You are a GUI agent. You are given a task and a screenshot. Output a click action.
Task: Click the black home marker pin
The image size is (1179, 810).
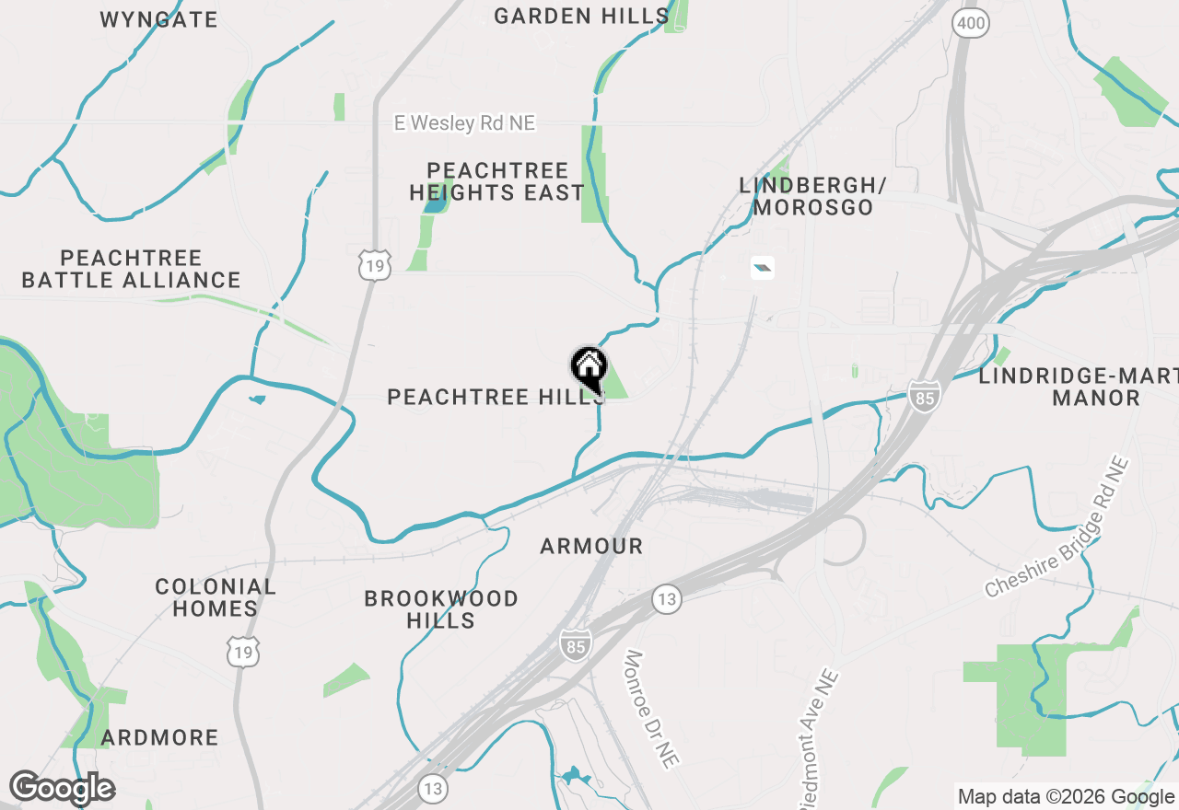click(589, 368)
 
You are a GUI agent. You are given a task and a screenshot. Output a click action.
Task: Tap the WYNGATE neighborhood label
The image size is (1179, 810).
click(158, 19)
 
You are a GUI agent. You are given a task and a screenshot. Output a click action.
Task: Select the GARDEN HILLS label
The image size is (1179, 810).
click(581, 16)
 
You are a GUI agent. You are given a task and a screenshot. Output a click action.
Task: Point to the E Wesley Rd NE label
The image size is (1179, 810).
click(464, 122)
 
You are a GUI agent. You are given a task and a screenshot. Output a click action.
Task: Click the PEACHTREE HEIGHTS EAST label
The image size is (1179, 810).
click(497, 181)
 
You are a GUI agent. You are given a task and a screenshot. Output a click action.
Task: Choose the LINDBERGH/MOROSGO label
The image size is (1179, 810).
click(812, 196)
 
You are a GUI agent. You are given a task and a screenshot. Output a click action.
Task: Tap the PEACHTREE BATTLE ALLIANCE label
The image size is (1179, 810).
click(131, 269)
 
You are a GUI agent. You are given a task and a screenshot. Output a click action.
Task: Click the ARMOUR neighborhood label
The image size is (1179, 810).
click(591, 546)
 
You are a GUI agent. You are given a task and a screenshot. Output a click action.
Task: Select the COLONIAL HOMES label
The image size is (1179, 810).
click(216, 597)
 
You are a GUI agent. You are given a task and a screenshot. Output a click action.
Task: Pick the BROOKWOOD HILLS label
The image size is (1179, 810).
click(441, 609)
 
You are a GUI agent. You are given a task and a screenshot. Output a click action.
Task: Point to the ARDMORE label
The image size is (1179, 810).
click(160, 737)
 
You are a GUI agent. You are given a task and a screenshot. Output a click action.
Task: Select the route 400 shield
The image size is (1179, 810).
click(971, 24)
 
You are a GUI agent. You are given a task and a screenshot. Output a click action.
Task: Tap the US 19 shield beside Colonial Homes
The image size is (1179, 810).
click(245, 652)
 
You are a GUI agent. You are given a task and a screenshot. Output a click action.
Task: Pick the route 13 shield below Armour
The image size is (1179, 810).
click(667, 599)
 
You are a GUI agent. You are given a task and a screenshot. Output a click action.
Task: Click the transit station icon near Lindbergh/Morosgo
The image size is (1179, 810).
click(762, 269)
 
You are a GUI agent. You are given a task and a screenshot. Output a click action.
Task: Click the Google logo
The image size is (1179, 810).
click(62, 788)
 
